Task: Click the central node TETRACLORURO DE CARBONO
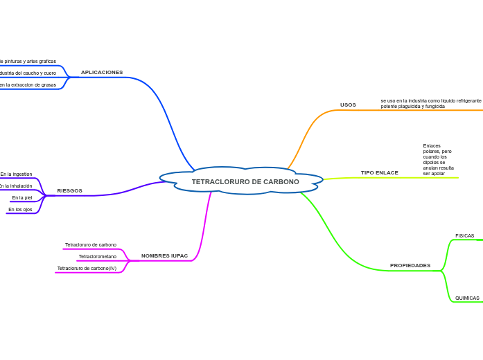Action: (x=245, y=181)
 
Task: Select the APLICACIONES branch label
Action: (x=102, y=72)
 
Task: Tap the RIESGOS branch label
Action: (x=69, y=190)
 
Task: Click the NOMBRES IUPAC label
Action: (x=164, y=255)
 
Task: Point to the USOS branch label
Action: (x=348, y=105)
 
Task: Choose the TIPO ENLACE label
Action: (x=379, y=172)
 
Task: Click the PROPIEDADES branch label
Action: (x=410, y=265)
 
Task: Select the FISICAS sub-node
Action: (x=464, y=236)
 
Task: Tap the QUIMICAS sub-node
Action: (x=467, y=298)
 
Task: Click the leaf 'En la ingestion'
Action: (x=16, y=174)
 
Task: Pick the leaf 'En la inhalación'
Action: (x=15, y=186)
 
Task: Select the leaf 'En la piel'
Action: (x=21, y=197)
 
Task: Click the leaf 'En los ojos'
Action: (x=20, y=209)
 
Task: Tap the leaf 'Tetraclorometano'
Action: (x=97, y=256)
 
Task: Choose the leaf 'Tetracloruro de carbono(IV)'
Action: (x=87, y=268)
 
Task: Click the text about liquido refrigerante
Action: (x=430, y=103)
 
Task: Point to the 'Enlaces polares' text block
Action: (x=438, y=159)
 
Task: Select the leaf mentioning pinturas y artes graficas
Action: (x=28, y=62)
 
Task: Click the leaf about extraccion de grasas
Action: (x=28, y=84)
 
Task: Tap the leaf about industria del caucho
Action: (x=28, y=73)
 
